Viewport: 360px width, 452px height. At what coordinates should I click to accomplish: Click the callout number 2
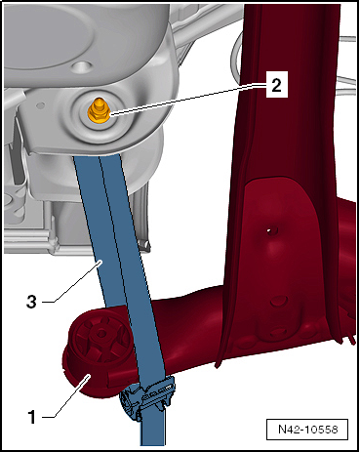click(x=276, y=85)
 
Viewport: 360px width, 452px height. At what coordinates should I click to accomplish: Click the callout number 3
click(x=31, y=302)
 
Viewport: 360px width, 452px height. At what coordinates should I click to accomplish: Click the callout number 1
click(x=32, y=417)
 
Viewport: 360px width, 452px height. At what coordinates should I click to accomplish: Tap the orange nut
click(x=99, y=114)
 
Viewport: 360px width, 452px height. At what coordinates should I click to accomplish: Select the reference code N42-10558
click(x=307, y=429)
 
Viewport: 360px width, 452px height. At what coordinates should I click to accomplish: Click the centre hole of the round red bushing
click(x=101, y=333)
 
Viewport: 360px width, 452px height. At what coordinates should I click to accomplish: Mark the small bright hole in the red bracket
click(x=269, y=230)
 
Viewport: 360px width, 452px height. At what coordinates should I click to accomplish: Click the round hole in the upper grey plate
click(x=81, y=67)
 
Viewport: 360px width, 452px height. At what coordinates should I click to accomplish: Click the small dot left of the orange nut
click(x=40, y=105)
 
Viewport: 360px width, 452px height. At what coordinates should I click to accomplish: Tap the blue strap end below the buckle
click(x=152, y=431)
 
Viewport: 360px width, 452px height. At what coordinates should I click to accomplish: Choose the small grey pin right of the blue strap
click(x=145, y=243)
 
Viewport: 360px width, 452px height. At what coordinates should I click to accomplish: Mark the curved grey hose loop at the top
click(x=237, y=56)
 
